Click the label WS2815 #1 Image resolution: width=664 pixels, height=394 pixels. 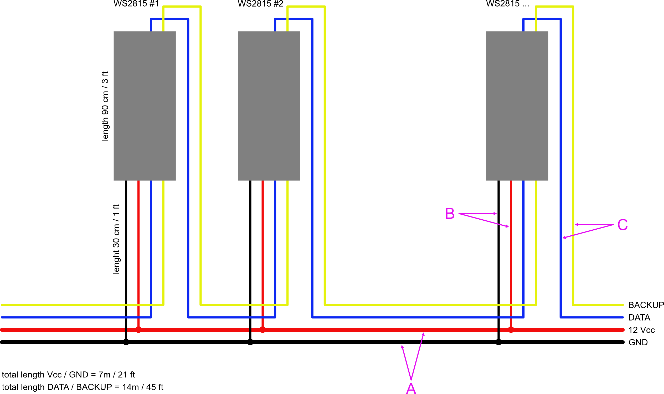(x=136, y=4)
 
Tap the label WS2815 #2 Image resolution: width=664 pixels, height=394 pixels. (x=260, y=4)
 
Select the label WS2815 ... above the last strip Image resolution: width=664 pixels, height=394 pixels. (x=507, y=4)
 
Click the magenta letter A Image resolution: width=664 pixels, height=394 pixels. (x=411, y=388)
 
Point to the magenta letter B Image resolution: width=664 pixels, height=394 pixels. (x=450, y=214)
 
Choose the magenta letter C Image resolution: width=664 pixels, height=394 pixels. (x=622, y=225)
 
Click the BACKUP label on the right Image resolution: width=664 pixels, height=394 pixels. (x=646, y=305)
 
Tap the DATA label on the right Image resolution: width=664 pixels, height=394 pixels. (x=639, y=317)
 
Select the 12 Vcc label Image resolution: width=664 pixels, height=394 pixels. (x=641, y=330)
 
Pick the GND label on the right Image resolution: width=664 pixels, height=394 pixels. (x=638, y=342)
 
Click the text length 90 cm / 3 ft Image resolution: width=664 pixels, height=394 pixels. (x=105, y=106)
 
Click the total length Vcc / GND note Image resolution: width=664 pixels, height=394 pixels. (x=68, y=375)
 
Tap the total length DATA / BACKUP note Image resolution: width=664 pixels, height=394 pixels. (x=83, y=387)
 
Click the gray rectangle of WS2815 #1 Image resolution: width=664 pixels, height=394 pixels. (x=145, y=106)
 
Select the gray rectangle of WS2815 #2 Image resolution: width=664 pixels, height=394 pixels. (x=269, y=106)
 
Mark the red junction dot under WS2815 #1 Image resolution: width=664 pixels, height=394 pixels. (x=138, y=330)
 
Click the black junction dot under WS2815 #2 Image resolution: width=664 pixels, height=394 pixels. (x=250, y=342)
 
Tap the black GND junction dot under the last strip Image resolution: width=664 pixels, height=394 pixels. (x=498, y=342)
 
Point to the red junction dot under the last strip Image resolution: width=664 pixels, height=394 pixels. (x=511, y=330)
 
